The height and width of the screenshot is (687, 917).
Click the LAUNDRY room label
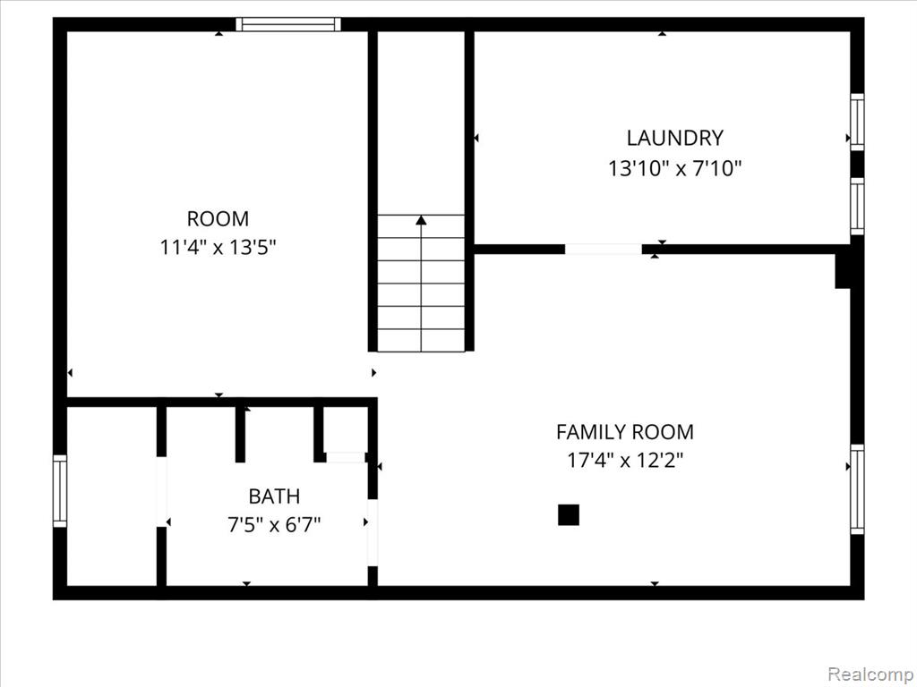(x=674, y=138)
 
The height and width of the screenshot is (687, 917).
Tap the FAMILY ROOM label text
(x=624, y=432)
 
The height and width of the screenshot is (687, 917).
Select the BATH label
(x=274, y=496)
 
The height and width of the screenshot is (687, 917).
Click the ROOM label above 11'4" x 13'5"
(x=218, y=218)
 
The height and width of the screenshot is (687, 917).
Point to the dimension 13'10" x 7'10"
(x=674, y=168)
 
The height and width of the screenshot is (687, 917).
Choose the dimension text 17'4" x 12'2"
(x=624, y=461)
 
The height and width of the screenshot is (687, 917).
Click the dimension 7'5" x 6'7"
(x=274, y=524)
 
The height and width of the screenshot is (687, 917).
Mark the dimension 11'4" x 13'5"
(x=218, y=247)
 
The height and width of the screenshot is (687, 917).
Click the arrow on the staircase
(x=421, y=220)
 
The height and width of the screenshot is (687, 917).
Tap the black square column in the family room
(x=569, y=514)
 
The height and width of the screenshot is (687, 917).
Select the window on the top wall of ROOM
(x=288, y=24)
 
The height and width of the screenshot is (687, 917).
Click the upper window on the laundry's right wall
(x=857, y=123)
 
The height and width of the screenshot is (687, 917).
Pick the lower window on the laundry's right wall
(x=857, y=207)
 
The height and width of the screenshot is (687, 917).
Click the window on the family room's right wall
(x=857, y=488)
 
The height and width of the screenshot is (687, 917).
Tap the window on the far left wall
(x=60, y=490)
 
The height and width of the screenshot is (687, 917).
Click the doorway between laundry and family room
(x=603, y=249)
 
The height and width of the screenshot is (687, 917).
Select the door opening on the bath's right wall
(x=373, y=532)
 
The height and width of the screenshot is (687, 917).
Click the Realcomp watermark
(x=870, y=673)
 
